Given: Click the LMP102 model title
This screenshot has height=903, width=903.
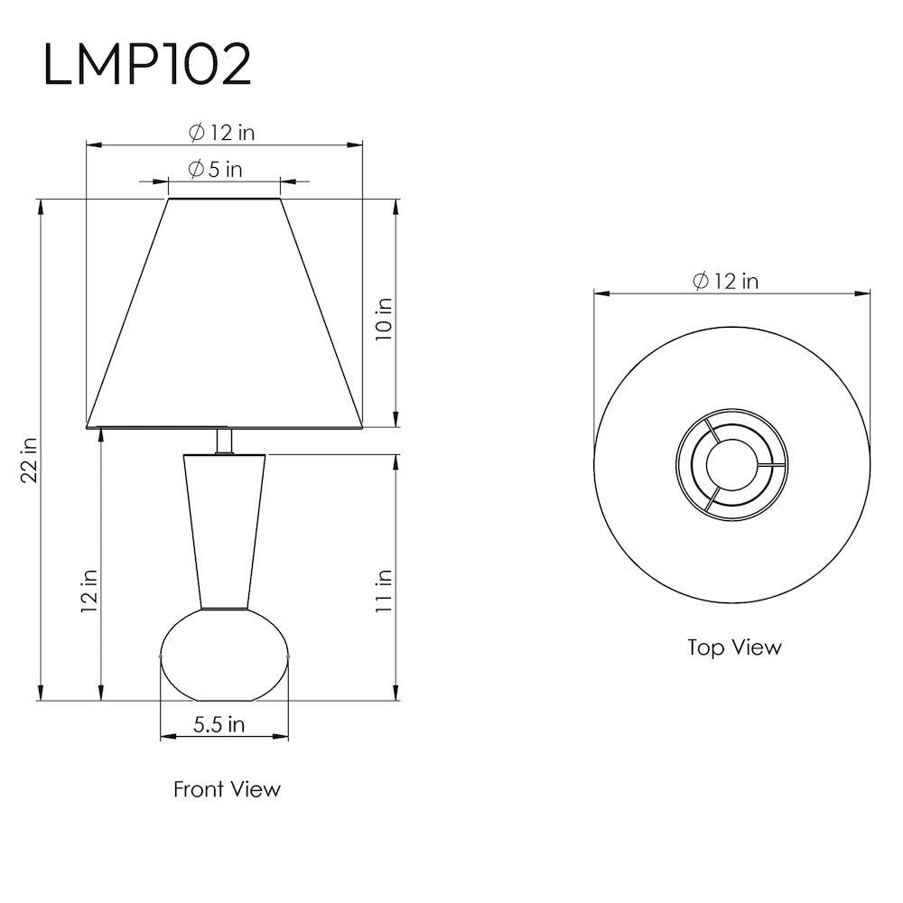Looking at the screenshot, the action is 147,65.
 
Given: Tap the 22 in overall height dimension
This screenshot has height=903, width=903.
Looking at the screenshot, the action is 30,460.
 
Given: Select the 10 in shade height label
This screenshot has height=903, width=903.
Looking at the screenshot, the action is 384,319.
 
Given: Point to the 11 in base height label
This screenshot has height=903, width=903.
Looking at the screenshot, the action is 384,591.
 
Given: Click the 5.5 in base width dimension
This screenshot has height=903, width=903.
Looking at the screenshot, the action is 219,724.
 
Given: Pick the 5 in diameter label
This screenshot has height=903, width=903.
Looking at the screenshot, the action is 216,170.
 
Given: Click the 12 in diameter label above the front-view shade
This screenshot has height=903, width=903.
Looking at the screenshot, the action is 222,133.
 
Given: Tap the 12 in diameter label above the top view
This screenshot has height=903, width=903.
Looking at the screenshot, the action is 726,281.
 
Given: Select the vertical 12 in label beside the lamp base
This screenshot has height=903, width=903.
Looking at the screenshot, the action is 88,591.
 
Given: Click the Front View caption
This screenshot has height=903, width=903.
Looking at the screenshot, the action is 227,789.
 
